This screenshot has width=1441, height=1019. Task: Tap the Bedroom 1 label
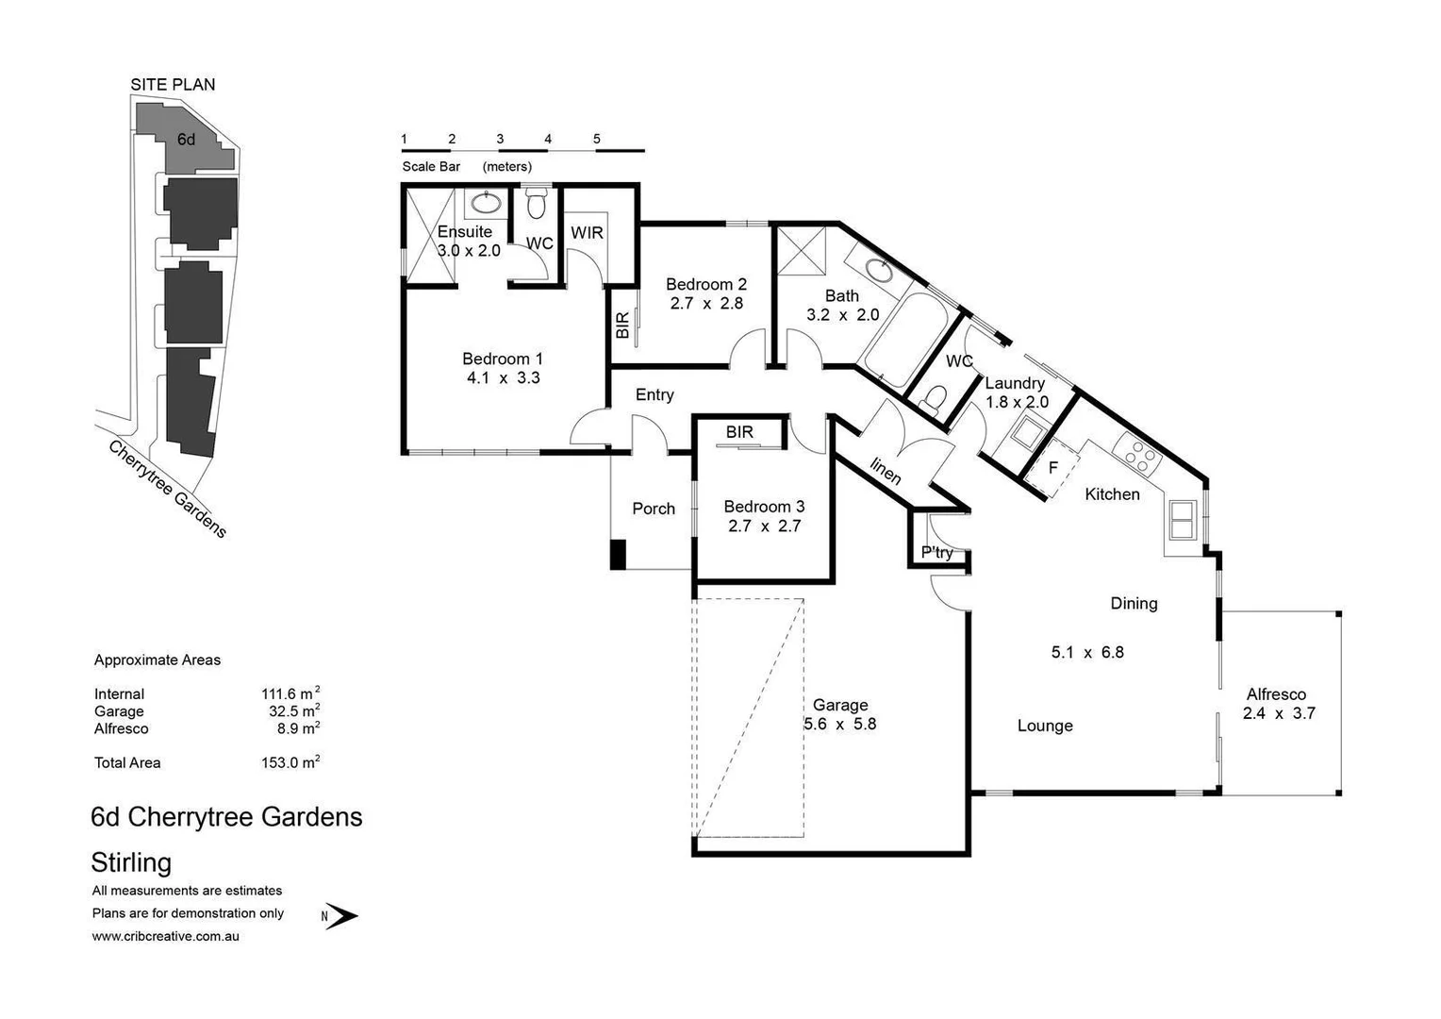click(502, 359)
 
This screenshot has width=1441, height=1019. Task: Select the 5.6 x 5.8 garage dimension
click(839, 725)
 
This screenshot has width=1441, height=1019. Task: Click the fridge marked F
click(1052, 468)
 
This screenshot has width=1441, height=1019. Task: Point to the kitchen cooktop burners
click(1137, 456)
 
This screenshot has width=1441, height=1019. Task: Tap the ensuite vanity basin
click(487, 202)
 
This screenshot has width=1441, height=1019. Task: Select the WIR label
click(587, 232)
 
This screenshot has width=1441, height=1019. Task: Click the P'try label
click(936, 552)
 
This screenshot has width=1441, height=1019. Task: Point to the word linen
click(885, 471)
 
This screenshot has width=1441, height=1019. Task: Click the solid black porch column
click(618, 554)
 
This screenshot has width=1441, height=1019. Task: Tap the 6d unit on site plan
click(187, 140)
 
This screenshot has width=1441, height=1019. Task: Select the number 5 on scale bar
click(597, 139)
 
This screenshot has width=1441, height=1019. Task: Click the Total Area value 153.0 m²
click(290, 762)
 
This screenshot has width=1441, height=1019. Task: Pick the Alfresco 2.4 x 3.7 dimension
click(1278, 713)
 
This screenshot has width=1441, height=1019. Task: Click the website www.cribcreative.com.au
click(165, 936)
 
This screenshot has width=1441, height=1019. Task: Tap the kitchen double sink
click(1182, 520)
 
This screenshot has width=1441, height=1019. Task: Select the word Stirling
click(131, 862)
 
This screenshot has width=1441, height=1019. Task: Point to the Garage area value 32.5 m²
click(293, 711)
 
